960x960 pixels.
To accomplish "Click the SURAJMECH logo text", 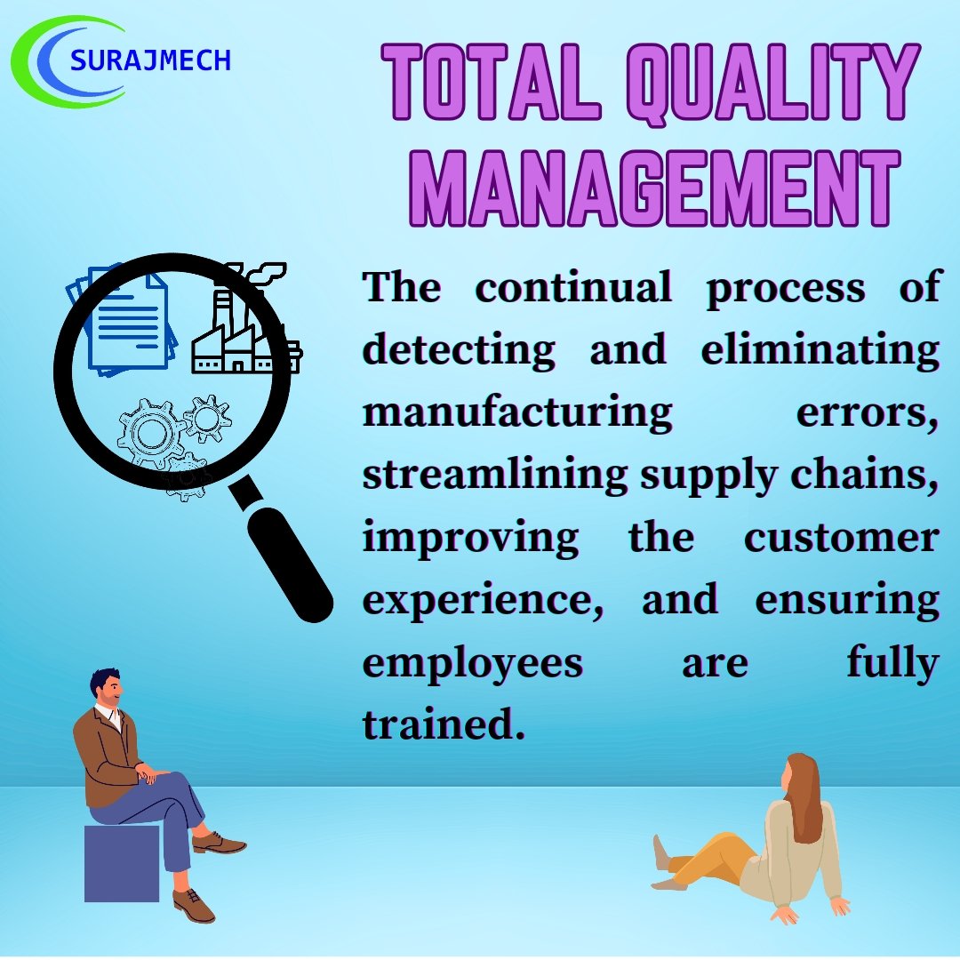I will coord(150,60).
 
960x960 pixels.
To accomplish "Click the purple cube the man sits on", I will coord(121,862).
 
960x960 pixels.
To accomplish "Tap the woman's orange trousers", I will coord(711,859).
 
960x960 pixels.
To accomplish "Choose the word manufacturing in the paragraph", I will coord(517,413).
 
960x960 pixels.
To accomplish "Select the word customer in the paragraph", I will coord(841,538).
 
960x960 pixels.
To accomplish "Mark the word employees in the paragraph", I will coord(472,663).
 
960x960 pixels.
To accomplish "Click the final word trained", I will coord(438,725).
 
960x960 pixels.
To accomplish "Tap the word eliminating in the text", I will coord(820,350).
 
